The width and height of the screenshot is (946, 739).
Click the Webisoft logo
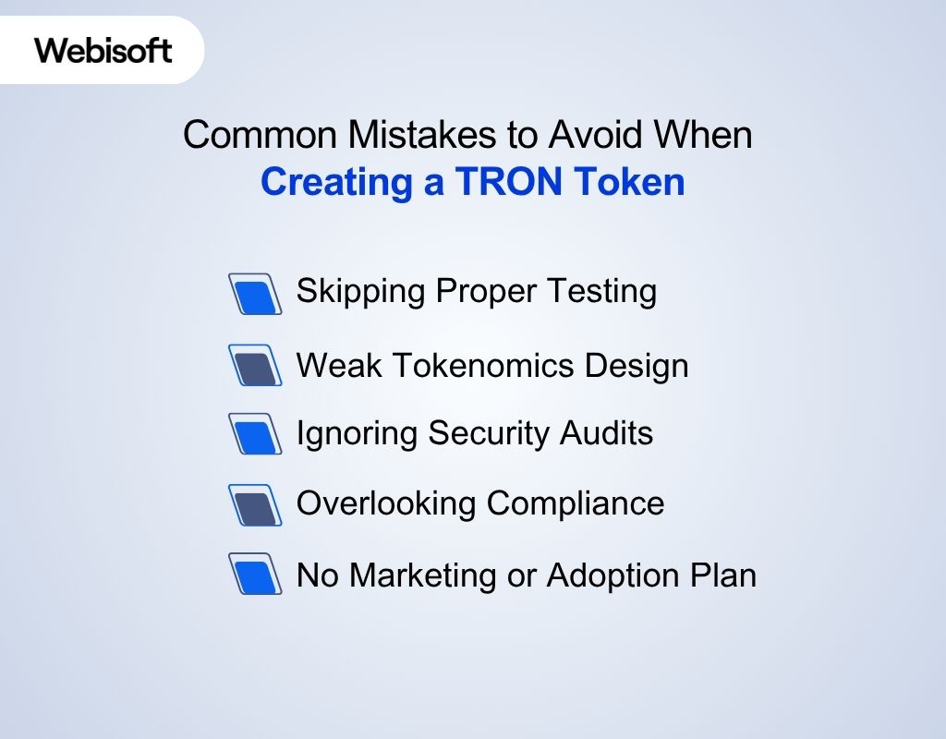pos(103,50)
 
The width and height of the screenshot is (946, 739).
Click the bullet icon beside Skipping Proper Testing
pos(255,294)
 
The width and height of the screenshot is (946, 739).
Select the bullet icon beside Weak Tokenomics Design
pos(255,366)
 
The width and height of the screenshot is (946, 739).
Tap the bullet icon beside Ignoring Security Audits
pos(255,433)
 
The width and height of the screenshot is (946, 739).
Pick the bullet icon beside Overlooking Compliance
pos(255,504)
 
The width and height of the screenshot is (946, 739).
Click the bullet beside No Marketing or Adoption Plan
pos(255,575)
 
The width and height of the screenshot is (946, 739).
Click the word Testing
pos(600,292)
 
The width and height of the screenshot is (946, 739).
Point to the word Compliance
pos(576,503)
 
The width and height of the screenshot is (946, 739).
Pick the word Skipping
pos(361,292)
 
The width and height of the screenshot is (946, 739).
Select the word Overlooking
pos(387,503)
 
